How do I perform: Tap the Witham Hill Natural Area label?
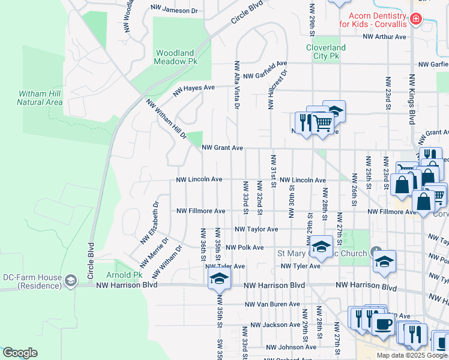[40, 98]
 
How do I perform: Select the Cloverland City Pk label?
[326, 52]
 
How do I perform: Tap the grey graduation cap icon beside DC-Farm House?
[71, 281]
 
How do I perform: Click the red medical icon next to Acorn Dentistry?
[415, 20]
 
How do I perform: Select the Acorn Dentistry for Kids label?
[372, 20]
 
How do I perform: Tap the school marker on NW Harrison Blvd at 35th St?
[219, 278]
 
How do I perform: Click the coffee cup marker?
[383, 324]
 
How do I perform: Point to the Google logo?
[20, 353]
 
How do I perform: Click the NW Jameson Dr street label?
[174, 10]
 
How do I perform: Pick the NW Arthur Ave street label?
[384, 37]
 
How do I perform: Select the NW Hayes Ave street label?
[194, 91]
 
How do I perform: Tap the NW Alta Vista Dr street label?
[237, 85]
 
